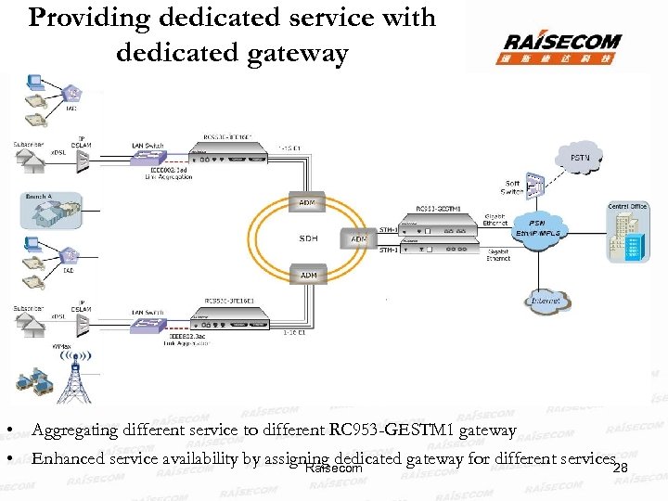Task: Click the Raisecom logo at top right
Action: (562, 46)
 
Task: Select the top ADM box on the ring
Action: (307, 202)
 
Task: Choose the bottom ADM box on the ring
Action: (307, 275)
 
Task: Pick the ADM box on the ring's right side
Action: (358, 238)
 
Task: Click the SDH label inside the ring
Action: (307, 238)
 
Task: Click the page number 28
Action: (622, 469)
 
